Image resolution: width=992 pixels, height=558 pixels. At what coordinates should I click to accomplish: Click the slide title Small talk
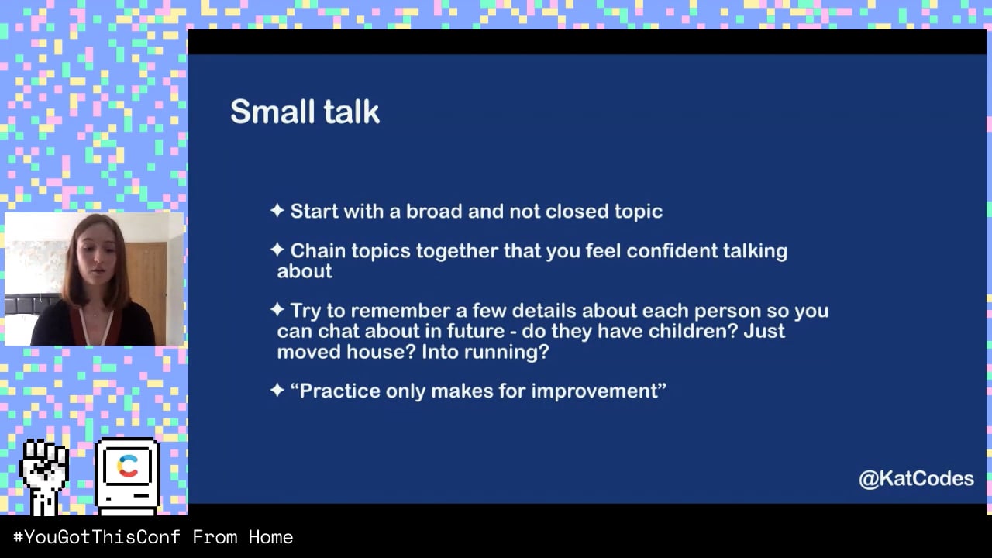(x=305, y=112)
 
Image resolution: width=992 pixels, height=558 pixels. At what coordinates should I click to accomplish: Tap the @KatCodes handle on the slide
(x=916, y=479)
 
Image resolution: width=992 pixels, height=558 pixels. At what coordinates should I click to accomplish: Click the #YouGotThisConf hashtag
(x=97, y=537)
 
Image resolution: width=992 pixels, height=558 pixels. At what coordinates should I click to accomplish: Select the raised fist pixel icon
(x=44, y=477)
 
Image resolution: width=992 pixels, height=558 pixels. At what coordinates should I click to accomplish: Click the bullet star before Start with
(x=277, y=210)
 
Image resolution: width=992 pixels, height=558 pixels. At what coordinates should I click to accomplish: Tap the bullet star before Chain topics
(x=277, y=250)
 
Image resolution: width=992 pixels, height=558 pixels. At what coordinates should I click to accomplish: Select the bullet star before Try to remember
(x=277, y=309)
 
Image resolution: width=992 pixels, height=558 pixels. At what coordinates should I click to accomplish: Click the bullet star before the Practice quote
(x=277, y=390)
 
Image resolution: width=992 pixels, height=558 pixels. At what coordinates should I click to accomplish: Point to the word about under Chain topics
(x=305, y=271)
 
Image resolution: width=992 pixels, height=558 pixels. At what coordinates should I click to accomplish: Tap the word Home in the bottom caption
(x=270, y=537)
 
